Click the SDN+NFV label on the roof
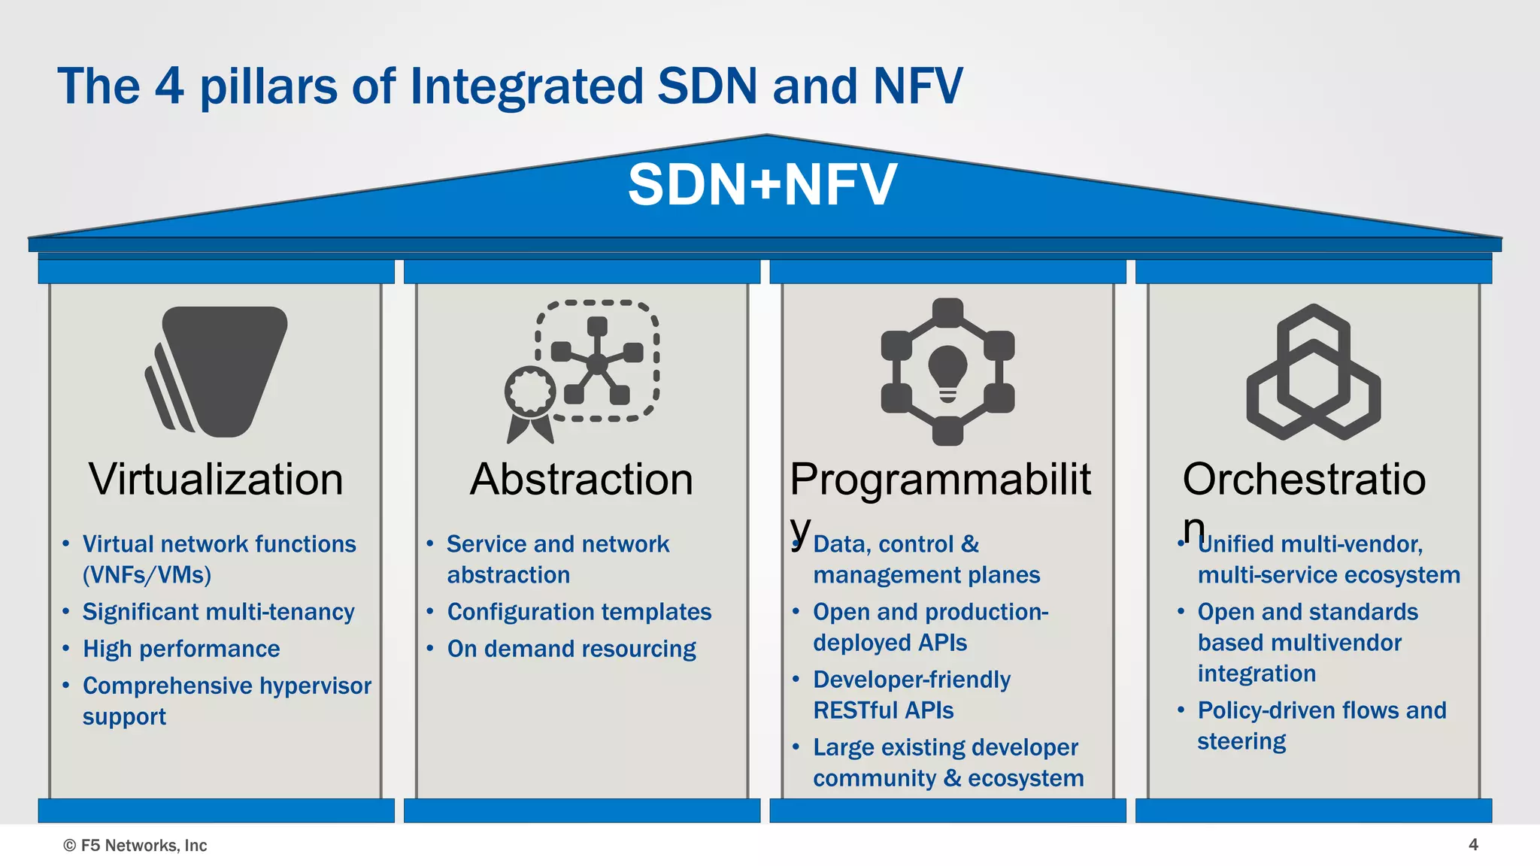pos(762,184)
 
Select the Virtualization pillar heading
pos(216,480)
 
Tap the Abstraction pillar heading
pos(581,480)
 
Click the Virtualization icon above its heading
pos(217,371)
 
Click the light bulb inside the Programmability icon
pos(947,371)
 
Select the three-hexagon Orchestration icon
pos(1313,372)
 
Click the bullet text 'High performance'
pos(181,649)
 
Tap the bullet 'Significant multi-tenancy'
pos(218,612)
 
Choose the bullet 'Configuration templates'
pos(579,612)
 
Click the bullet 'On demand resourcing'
pos(571,649)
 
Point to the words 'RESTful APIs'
pos(883,710)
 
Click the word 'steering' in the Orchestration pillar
pos(1241,741)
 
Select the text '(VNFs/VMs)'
pos(147,575)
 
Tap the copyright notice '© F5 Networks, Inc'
pos(135,846)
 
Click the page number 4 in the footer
pos(1473,845)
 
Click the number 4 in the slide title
pos(169,86)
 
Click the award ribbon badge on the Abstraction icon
pos(530,393)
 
